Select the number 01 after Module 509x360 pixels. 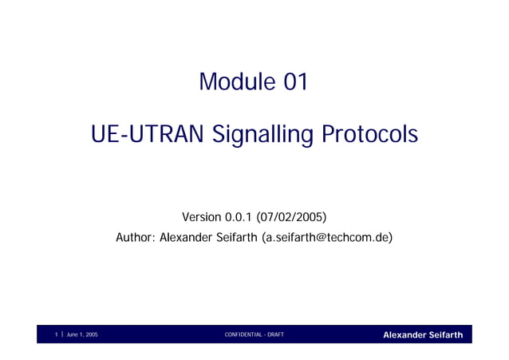(x=290, y=81)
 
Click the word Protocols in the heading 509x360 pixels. (x=369, y=135)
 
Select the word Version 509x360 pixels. (x=203, y=217)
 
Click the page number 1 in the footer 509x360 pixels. (x=57, y=334)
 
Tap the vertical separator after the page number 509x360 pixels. (x=62, y=334)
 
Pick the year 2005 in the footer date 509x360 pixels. (x=92, y=334)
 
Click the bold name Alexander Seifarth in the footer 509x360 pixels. (x=422, y=334)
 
